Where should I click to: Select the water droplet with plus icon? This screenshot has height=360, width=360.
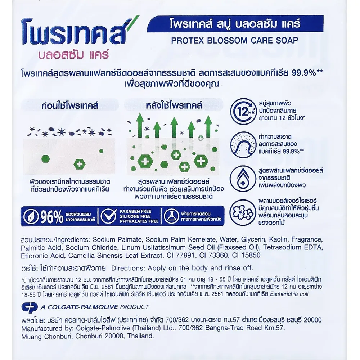243,179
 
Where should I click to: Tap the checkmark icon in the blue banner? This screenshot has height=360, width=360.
108,216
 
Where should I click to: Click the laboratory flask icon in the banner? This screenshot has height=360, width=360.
172,216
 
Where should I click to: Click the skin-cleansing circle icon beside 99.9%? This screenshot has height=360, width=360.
243,143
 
